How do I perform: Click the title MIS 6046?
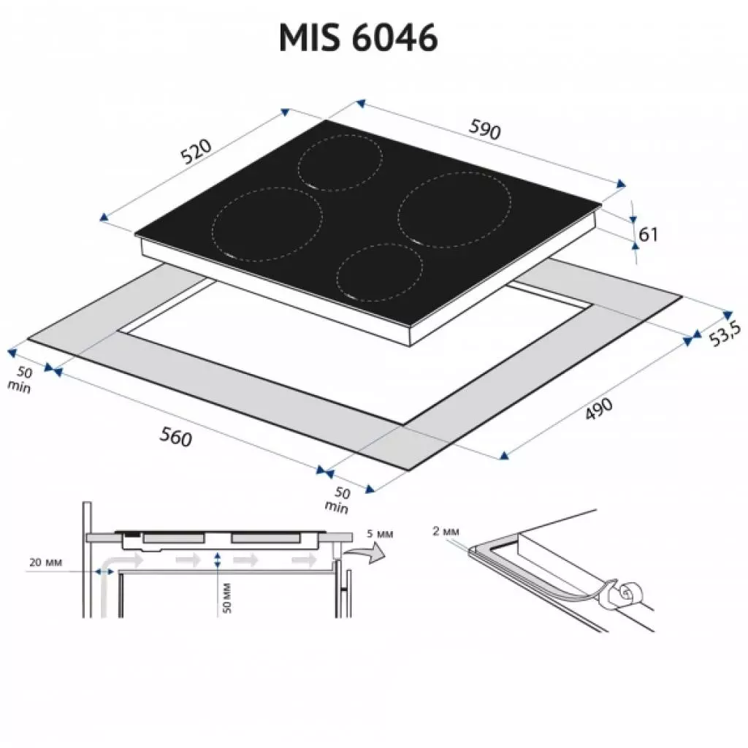click(x=358, y=37)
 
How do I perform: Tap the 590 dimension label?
click(x=485, y=129)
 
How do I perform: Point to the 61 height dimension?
click(x=649, y=234)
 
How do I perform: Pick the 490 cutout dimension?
click(x=599, y=409)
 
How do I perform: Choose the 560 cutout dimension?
click(x=175, y=437)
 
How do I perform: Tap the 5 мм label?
click(x=380, y=534)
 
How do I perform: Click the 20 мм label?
click(x=46, y=562)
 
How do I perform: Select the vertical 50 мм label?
click(x=226, y=598)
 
